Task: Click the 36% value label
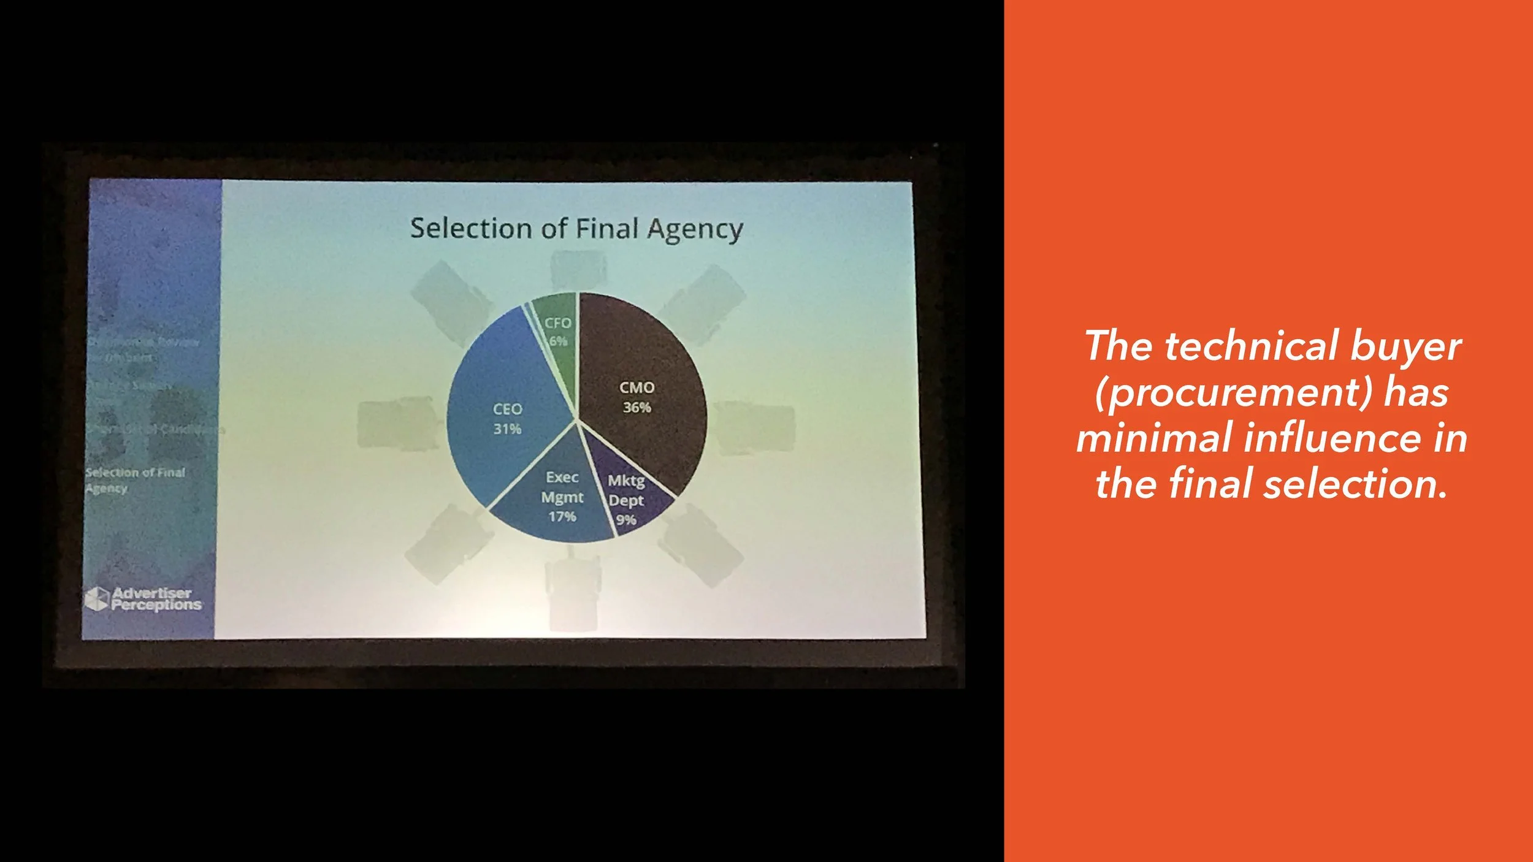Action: click(637, 408)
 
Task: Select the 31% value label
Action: click(507, 429)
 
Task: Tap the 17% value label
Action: click(562, 517)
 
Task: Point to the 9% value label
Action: click(625, 521)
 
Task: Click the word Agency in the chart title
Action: click(695, 230)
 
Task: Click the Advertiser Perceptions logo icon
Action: click(96, 599)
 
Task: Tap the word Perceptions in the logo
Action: click(156, 605)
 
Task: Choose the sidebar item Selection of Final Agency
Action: click(135, 480)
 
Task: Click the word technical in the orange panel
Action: click(1250, 346)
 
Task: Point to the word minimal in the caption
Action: click(1155, 438)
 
